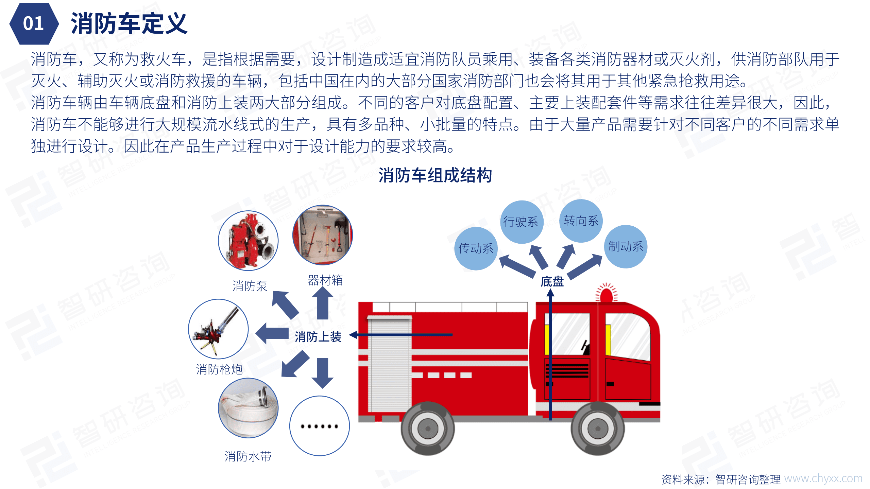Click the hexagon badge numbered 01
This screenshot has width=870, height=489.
click(33, 24)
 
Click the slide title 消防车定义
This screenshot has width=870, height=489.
click(129, 24)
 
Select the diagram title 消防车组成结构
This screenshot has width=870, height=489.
click(435, 175)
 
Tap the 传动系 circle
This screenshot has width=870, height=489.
click(476, 248)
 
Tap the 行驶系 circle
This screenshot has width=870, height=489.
click(521, 222)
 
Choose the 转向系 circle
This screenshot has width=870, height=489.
click(581, 221)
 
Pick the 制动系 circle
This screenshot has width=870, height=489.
click(626, 246)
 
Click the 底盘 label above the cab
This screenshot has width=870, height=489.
click(552, 281)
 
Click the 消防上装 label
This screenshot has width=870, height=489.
click(318, 337)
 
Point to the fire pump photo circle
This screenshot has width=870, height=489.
click(248, 241)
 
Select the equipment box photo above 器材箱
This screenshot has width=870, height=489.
click(322, 235)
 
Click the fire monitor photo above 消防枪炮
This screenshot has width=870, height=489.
click(218, 329)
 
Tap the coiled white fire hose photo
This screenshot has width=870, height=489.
click(248, 408)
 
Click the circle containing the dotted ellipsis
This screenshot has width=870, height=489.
click(319, 426)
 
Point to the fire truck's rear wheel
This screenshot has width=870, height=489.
click(427, 429)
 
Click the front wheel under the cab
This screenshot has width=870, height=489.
click(597, 429)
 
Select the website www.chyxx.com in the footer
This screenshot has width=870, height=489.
click(823, 478)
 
